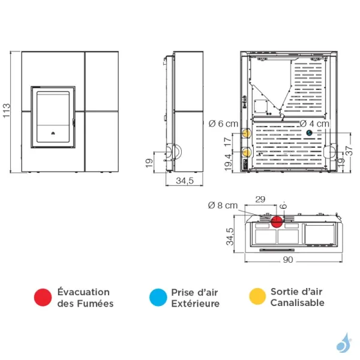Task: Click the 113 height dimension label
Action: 7,110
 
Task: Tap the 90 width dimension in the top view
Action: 288,260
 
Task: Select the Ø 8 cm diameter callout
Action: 223,205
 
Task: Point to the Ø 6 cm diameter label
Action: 223,124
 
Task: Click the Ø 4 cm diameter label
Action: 314,124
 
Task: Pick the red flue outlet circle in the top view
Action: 277,221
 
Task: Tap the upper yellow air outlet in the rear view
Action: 247,133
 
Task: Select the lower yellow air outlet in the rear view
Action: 247,152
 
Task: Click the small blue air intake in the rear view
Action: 309,133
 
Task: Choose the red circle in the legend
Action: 43,298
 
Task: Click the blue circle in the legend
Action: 158,298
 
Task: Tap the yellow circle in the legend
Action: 257,296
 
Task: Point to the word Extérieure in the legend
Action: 196,304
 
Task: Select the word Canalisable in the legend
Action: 298,302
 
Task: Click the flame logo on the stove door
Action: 53,133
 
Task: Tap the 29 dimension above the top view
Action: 260,199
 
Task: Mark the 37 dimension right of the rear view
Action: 349,151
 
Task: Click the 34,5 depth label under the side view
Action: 185,181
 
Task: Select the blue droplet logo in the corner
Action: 344,343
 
